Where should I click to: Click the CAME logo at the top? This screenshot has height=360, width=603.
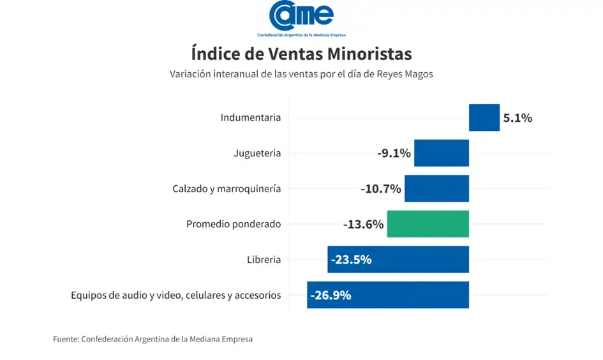pos(301,18)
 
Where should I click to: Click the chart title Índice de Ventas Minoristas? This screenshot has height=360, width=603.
pos(301,52)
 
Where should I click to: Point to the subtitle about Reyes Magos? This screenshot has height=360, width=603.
pos(301,74)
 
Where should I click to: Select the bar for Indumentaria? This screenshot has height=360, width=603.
pos(484,117)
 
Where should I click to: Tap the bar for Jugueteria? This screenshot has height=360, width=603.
pos(441,153)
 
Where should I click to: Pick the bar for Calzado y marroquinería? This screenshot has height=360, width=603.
pos(436,189)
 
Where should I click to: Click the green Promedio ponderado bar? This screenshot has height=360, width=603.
pos(428,224)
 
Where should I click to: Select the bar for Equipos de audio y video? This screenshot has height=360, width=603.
pos(408,295)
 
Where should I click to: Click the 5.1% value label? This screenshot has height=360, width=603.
pos(517,118)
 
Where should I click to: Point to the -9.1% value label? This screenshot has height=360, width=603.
pos(394,153)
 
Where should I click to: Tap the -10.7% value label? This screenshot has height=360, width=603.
pos(380,189)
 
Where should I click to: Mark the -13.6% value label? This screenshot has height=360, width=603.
pos(363,225)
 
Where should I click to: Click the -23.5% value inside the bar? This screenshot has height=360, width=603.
pos(351,260)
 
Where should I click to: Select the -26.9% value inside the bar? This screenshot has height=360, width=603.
pos(331,296)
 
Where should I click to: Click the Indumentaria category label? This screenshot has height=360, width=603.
pos(250,118)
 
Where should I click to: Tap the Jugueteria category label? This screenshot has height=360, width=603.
pos(257,153)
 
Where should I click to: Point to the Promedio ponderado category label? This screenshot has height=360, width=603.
pos(233,225)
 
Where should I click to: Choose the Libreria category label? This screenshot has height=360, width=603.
pos(264,260)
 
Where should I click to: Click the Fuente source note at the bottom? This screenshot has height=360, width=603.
pos(153,339)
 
